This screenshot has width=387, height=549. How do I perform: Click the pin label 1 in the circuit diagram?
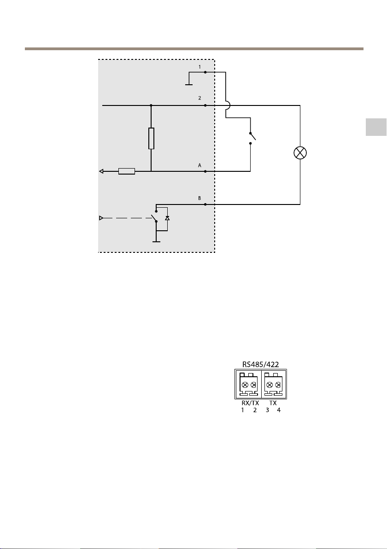pos(200,67)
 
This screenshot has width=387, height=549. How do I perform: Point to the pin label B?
pos(200,198)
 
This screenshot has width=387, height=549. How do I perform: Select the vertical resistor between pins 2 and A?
pos(151,139)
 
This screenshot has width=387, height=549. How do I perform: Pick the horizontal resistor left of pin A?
pos(126,172)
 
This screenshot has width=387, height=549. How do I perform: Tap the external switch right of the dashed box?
pos(251,137)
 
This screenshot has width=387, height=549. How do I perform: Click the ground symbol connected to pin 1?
pos(188,84)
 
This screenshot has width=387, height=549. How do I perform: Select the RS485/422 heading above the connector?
pos(261,364)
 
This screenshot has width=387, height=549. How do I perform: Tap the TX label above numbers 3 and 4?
pos(273,403)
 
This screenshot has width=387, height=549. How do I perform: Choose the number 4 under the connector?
pos(279,410)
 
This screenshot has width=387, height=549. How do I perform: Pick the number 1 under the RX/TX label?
pos(243,410)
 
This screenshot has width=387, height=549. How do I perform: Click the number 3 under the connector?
pos(267,410)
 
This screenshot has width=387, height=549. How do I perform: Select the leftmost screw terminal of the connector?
pos(245,385)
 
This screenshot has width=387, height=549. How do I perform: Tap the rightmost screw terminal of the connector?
pos(277,385)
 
